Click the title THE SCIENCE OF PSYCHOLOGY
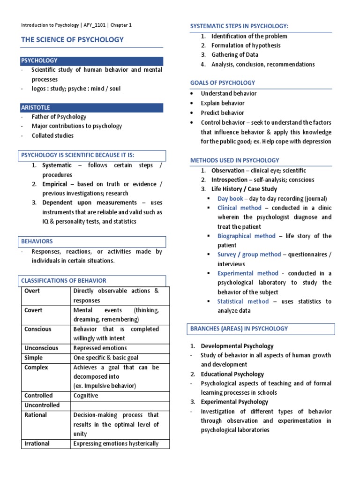pos(72,40)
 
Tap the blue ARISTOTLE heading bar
pos(92,108)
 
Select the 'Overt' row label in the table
pos(32,291)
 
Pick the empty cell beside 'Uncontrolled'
pos(120,405)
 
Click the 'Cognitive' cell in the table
pos(86,396)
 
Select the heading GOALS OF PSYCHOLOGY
pos(223,83)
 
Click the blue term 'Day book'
pos(230,199)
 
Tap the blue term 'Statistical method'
pos(243,301)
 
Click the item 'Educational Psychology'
pos(232,374)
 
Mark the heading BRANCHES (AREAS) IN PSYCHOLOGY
pos(246,329)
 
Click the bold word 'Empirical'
pos(57,184)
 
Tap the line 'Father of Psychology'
pos(59,117)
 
